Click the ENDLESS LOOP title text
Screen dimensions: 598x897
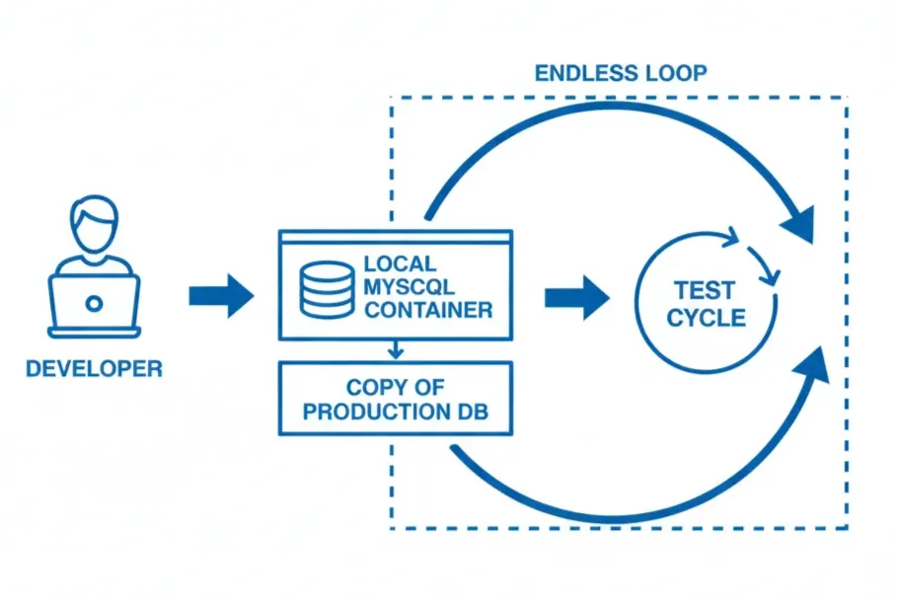620,73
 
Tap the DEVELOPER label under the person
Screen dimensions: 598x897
94,369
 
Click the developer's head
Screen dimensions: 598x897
93,225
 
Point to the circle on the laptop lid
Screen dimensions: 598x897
94,303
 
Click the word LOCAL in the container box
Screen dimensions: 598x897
400,264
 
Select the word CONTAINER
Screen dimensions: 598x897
427,310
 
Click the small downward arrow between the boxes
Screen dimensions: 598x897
395,349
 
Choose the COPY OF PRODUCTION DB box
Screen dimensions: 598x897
396,398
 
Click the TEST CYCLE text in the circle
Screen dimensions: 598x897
706,304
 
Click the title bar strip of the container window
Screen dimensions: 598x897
396,238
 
